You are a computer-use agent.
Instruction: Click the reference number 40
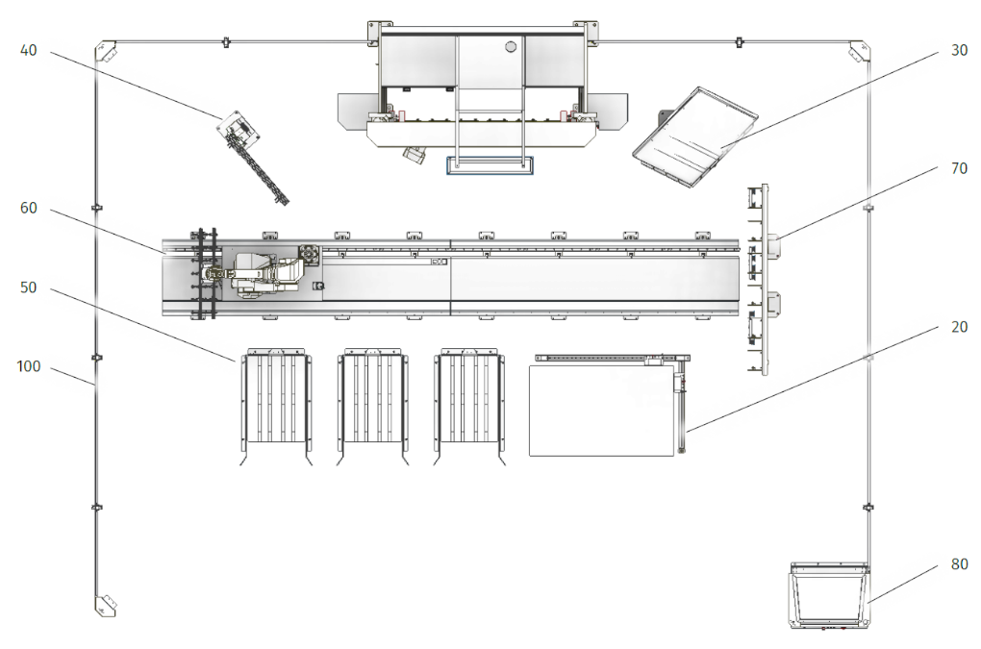[29, 51]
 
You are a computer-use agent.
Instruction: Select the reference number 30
[959, 51]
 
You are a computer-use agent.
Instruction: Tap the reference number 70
[959, 169]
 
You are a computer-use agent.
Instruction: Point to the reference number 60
[29, 209]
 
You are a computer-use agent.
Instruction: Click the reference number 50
[29, 287]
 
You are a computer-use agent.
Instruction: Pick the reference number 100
[29, 366]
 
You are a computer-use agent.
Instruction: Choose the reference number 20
[959, 327]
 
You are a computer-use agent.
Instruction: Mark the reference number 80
[959, 564]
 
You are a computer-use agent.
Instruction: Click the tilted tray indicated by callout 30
[695, 137]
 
